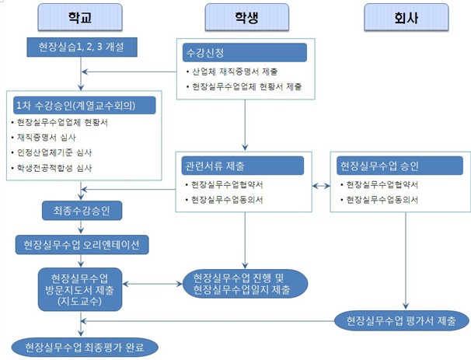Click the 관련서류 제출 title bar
pos(243,166)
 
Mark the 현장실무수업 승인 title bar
pos(398,166)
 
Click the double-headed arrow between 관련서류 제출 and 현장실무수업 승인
pos(320,186)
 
